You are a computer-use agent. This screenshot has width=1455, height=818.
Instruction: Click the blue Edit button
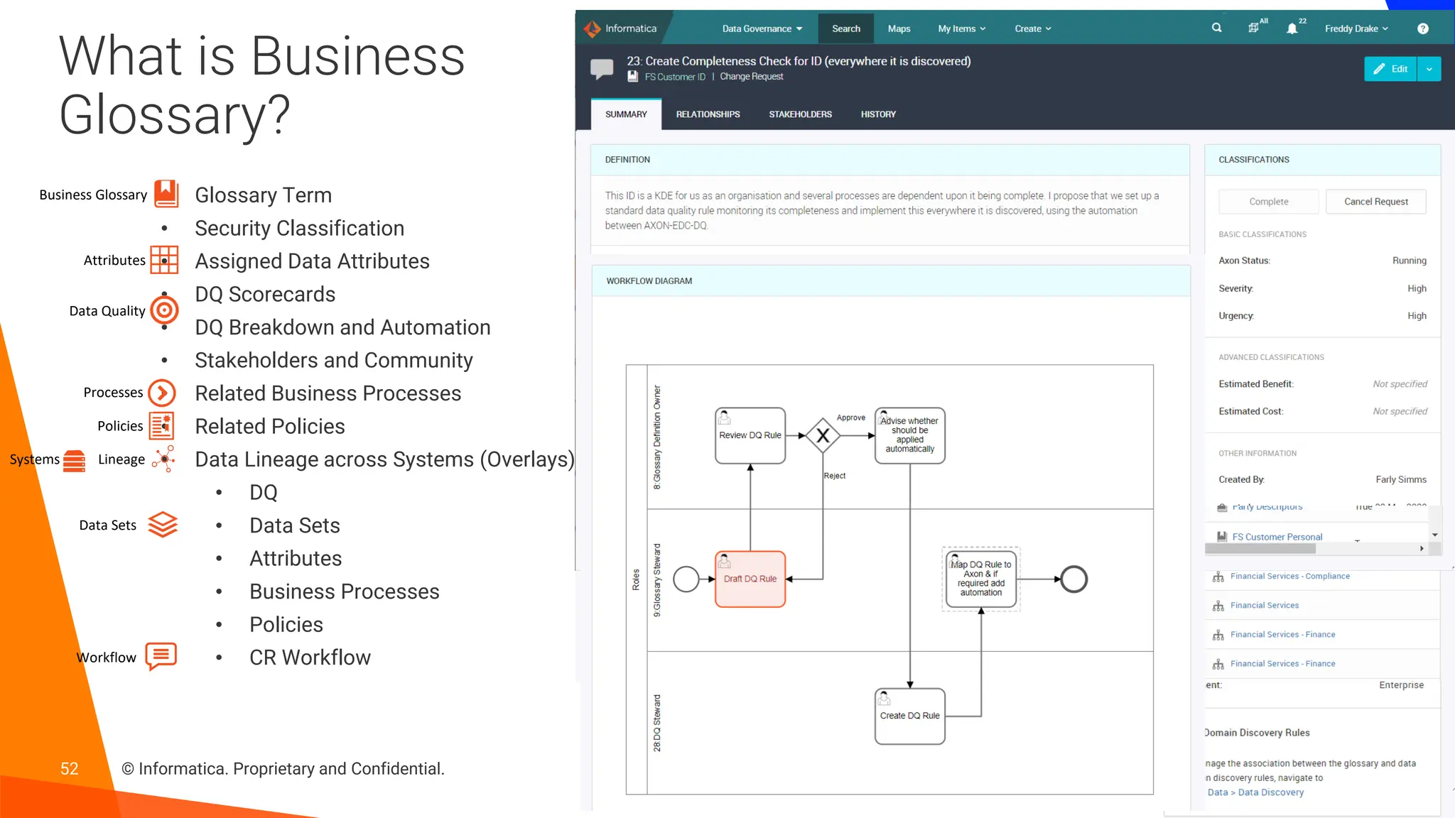click(1390, 69)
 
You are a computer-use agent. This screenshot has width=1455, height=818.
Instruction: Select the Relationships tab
click(708, 114)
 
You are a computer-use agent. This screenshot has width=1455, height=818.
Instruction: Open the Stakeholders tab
click(800, 114)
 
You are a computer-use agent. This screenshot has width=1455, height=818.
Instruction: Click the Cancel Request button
click(1375, 202)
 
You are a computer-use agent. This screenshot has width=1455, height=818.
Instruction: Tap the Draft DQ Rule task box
click(750, 579)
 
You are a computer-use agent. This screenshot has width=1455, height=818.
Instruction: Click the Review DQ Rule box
click(750, 435)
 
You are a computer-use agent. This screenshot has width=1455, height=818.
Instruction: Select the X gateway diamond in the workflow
click(823, 435)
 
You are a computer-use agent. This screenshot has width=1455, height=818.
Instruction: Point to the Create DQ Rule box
click(909, 716)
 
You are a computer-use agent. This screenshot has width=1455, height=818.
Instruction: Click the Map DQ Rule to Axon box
click(981, 579)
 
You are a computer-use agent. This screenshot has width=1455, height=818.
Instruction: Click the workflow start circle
click(686, 579)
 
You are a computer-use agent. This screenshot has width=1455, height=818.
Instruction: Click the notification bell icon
click(1292, 28)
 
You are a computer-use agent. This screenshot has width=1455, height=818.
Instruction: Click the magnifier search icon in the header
click(1217, 28)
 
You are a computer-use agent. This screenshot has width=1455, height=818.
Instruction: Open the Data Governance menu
click(762, 28)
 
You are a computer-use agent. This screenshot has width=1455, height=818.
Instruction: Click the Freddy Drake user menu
click(1356, 28)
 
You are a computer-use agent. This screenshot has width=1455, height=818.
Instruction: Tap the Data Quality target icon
click(164, 310)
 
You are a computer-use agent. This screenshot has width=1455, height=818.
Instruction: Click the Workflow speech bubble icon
click(161, 656)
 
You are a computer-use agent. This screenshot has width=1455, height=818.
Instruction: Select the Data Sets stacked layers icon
click(163, 525)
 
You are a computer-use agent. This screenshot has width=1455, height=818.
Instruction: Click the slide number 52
click(69, 768)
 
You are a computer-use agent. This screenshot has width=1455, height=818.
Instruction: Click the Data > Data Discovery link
click(1255, 792)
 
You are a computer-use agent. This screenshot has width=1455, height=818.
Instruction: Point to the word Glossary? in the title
click(175, 115)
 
